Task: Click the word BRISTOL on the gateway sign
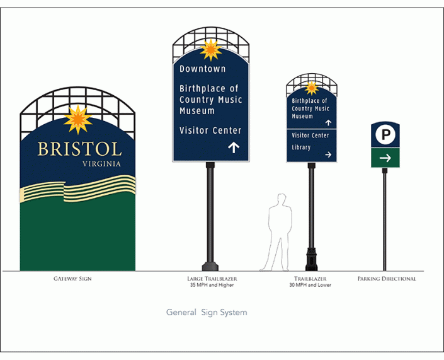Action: pyautogui.click(x=79, y=149)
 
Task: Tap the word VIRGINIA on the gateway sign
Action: pyautogui.click(x=101, y=164)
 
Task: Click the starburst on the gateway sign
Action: pyautogui.click(x=78, y=119)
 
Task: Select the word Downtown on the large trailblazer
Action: pyautogui.click(x=202, y=69)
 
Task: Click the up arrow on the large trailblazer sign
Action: pyautogui.click(x=234, y=148)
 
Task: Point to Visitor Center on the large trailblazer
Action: pyautogui.click(x=210, y=131)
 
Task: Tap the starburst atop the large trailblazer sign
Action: pyautogui.click(x=210, y=50)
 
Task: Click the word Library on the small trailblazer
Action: pyautogui.click(x=301, y=148)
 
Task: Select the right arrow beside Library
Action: pyautogui.click(x=327, y=154)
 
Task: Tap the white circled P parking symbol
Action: pyautogui.click(x=385, y=134)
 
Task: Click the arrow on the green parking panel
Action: pyautogui.click(x=385, y=158)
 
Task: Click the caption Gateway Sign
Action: pyautogui.click(x=72, y=278)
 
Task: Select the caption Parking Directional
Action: pyautogui.click(x=387, y=278)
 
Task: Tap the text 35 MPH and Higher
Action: pyautogui.click(x=212, y=285)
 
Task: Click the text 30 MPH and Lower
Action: pyautogui.click(x=310, y=285)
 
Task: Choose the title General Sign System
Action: pyautogui.click(x=207, y=312)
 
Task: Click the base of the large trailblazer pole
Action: pyautogui.click(x=210, y=265)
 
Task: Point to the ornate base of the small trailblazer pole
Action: pyautogui.click(x=310, y=259)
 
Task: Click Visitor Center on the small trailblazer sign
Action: pyautogui.click(x=310, y=136)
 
